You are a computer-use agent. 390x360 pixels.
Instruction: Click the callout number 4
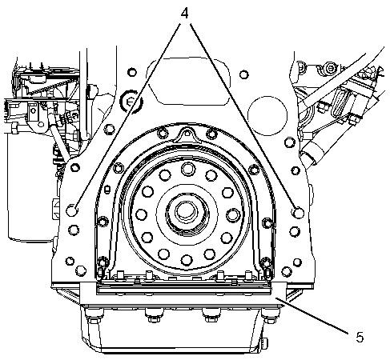(x=184, y=13)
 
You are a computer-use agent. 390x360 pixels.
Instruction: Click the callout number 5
(x=360, y=338)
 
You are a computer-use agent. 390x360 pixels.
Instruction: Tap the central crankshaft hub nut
(x=187, y=211)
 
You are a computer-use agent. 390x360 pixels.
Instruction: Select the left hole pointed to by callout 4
(x=72, y=210)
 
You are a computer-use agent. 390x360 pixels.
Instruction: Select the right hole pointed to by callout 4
(x=298, y=213)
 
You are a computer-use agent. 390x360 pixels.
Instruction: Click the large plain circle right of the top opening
(x=267, y=115)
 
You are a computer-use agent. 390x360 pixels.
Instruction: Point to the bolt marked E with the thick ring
(x=131, y=102)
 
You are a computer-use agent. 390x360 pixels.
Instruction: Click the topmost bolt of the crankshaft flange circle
(x=188, y=169)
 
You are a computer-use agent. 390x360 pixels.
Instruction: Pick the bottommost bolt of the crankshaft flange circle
(x=187, y=260)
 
